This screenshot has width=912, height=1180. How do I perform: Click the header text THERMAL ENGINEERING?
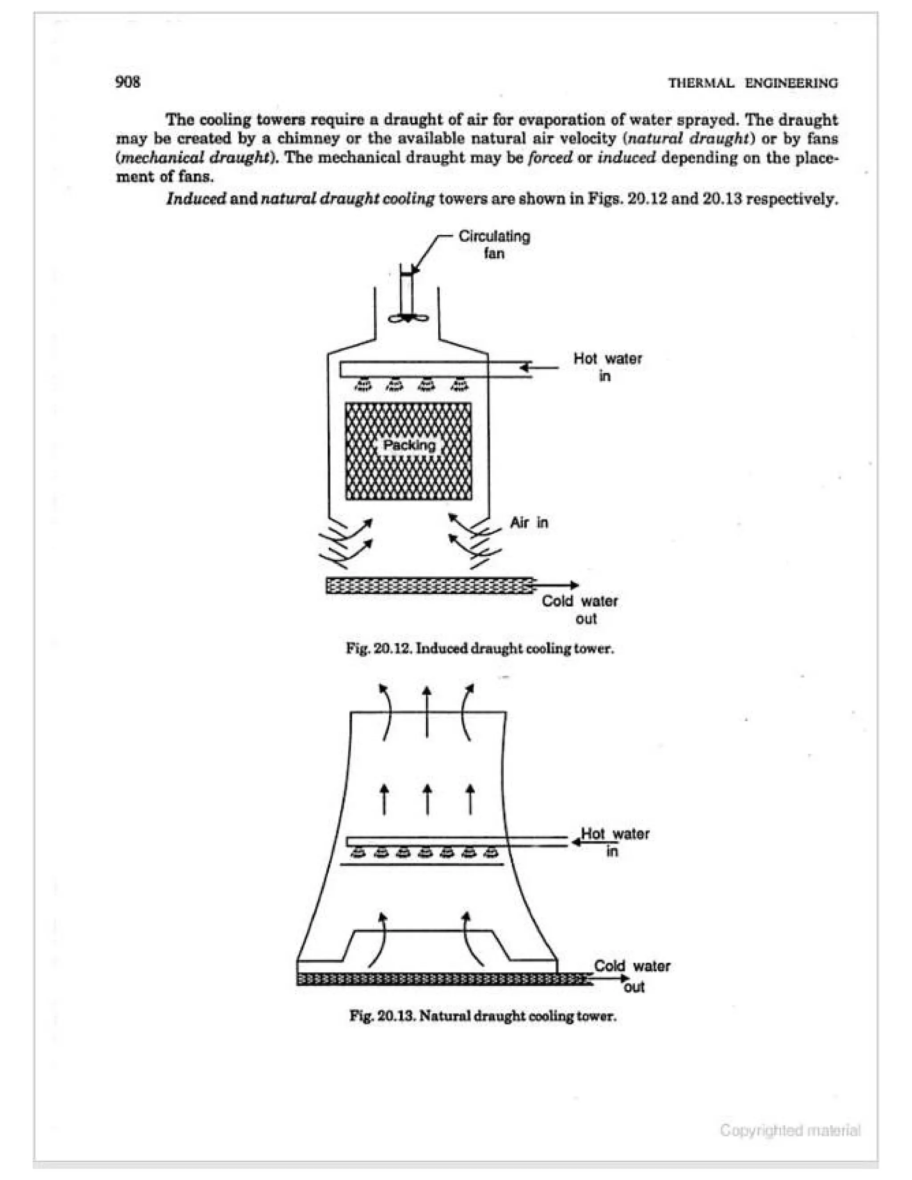753,83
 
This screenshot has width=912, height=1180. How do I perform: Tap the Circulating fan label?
494,244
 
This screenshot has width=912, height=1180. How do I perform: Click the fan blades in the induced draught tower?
408,318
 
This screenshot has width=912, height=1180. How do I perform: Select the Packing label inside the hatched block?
408,445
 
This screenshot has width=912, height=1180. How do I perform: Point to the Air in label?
529,522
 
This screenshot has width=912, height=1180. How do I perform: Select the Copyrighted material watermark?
790,1130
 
